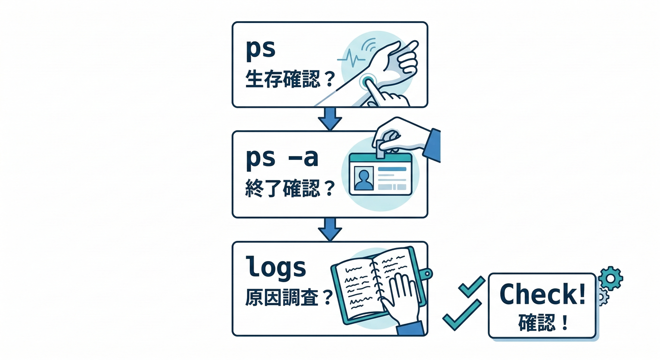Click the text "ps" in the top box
pyautogui.click(x=261, y=50)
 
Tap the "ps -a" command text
pyautogui.click(x=282, y=159)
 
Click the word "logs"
pyautogui.click(x=276, y=268)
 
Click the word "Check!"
pyautogui.click(x=542, y=294)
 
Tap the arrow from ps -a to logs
pyautogui.click(x=330, y=229)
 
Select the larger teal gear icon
pyautogui.click(x=611, y=278)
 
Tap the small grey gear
pyautogui.click(x=601, y=297)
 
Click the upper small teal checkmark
pyautogui.click(x=471, y=286)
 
